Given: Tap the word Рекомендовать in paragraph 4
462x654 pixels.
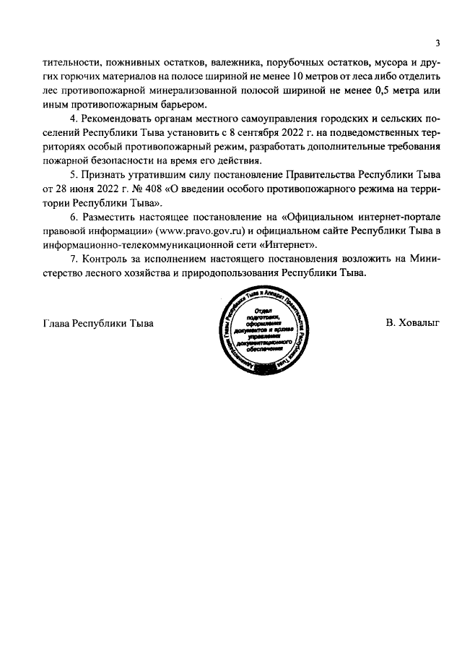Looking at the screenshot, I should click(x=117, y=117).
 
